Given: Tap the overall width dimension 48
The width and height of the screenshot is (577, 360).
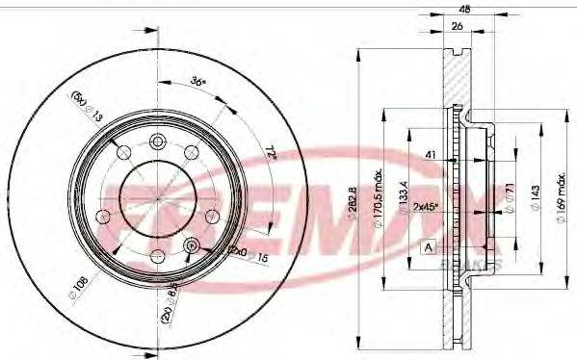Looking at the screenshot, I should [x=464, y=9].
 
